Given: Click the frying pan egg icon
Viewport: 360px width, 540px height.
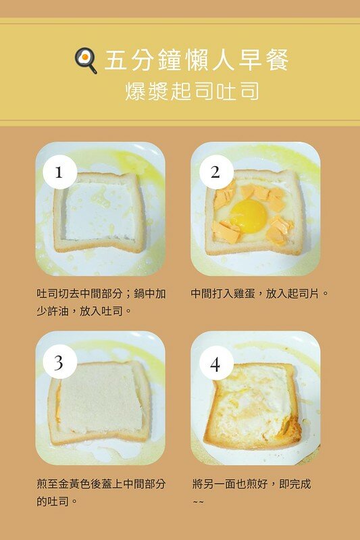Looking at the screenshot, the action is click(86, 61).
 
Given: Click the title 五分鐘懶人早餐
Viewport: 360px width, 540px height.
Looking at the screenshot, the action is click(197, 60).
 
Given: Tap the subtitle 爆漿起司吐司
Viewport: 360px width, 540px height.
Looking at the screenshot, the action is click(192, 91).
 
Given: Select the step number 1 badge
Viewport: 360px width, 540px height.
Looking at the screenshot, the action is click(59, 172).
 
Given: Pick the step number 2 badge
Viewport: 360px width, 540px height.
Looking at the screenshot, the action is click(216, 172).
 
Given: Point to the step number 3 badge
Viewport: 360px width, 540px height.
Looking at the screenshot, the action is click(59, 363).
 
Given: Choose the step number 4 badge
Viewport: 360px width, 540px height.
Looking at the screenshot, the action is click(216, 364).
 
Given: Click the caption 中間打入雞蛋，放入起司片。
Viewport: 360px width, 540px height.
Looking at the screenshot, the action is click(259, 294).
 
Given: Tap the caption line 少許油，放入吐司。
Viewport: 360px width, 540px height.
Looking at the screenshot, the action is click(84, 312).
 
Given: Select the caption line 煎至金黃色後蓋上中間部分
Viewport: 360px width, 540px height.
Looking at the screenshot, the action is click(101, 484).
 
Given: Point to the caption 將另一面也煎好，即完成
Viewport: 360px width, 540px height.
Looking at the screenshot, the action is click(251, 484).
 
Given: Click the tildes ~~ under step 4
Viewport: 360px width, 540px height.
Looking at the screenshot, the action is click(198, 501).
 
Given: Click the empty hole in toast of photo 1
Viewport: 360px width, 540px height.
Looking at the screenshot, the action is click(100, 211).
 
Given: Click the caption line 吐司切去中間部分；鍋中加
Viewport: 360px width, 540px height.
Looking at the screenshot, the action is click(101, 294).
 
